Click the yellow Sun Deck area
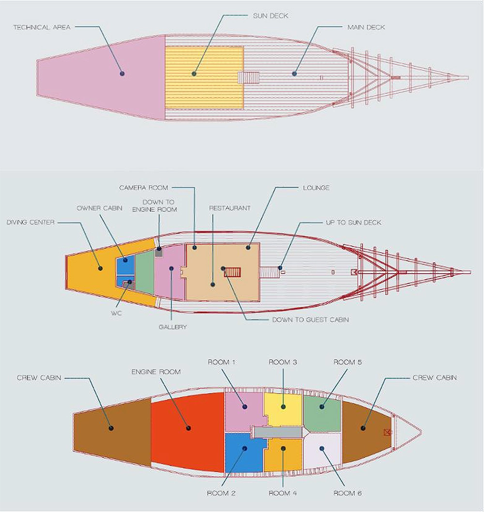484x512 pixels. (x=204, y=77)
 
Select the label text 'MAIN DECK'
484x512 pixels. (x=366, y=28)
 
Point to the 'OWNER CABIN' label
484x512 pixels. (x=99, y=208)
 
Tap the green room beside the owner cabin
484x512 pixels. (x=144, y=272)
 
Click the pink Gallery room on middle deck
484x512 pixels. (x=170, y=272)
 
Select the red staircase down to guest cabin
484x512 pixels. (x=232, y=272)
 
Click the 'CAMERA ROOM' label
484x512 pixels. (x=143, y=188)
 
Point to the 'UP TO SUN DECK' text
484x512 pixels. (x=354, y=223)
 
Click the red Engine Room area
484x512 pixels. (x=187, y=432)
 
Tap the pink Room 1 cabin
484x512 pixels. (x=244, y=412)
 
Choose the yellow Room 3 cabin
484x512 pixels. (x=283, y=410)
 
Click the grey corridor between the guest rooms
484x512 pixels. (x=278, y=432)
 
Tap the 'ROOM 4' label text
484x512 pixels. (x=283, y=493)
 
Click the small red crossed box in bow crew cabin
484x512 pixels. (x=387, y=432)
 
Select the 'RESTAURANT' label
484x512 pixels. (x=230, y=208)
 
